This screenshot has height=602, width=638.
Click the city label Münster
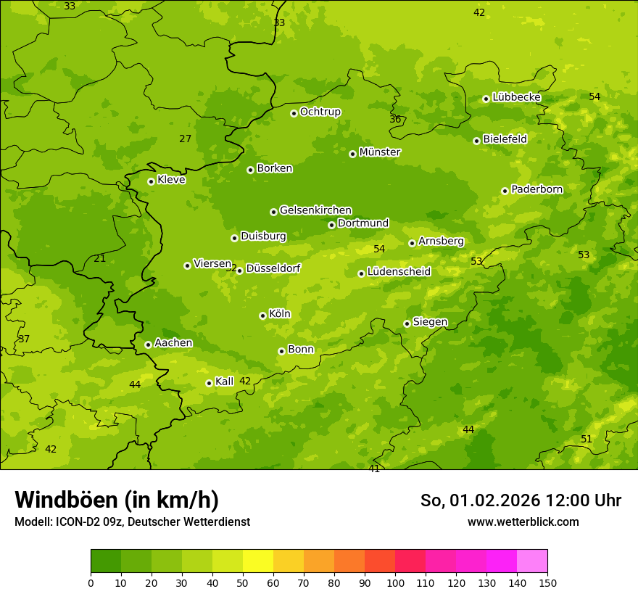pyautogui.click(x=379, y=152)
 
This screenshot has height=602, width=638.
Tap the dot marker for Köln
pyautogui.click(x=262, y=316)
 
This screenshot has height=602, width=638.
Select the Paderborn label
pyautogui.click(x=536, y=189)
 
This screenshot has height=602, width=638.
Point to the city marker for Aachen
pyautogui.click(x=148, y=345)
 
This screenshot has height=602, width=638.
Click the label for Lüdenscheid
pyautogui.click(x=399, y=272)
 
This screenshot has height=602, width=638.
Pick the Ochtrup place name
pyautogui.click(x=320, y=112)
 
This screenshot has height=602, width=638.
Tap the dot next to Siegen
pyautogui.click(x=407, y=323)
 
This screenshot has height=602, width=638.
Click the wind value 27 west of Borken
pyautogui.click(x=186, y=139)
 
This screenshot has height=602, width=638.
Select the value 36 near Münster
pyautogui.click(x=395, y=119)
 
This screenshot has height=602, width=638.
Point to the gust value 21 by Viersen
pyautogui.click(x=100, y=258)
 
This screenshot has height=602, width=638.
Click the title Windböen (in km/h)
pyautogui.click(x=117, y=500)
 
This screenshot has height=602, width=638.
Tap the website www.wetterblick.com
pyautogui.click(x=523, y=521)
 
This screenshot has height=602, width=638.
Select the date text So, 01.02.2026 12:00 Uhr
pyautogui.click(x=521, y=500)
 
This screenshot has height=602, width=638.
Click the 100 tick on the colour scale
pyautogui.click(x=395, y=582)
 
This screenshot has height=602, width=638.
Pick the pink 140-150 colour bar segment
pyautogui.click(x=532, y=561)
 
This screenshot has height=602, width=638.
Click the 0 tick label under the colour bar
pyautogui.click(x=91, y=582)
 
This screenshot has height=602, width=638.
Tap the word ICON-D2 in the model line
pyautogui.click(x=75, y=521)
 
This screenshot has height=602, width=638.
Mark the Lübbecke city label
pyautogui.click(x=516, y=97)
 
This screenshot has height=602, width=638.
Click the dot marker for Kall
pyautogui.click(x=209, y=383)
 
